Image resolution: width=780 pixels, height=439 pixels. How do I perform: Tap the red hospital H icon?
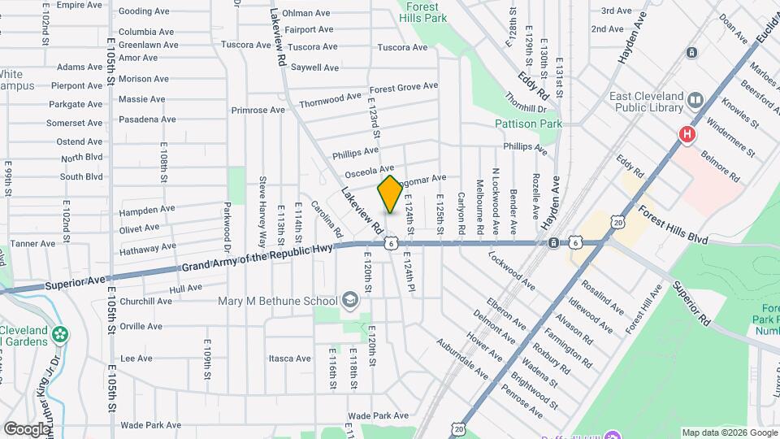[687, 134]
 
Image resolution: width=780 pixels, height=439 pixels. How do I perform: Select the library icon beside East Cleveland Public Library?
[695, 100]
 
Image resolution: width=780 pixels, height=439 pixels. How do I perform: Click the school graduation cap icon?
[350, 301]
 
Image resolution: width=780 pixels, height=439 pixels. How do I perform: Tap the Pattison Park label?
[528, 124]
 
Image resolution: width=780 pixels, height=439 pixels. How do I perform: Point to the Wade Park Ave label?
[150, 425]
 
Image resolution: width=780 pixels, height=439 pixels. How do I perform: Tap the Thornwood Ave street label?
[329, 100]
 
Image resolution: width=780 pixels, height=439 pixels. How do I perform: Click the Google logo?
[26, 428]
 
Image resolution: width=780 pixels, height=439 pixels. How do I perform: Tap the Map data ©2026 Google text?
[728, 432]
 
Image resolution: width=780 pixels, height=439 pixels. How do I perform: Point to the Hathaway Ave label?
[147, 247]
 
